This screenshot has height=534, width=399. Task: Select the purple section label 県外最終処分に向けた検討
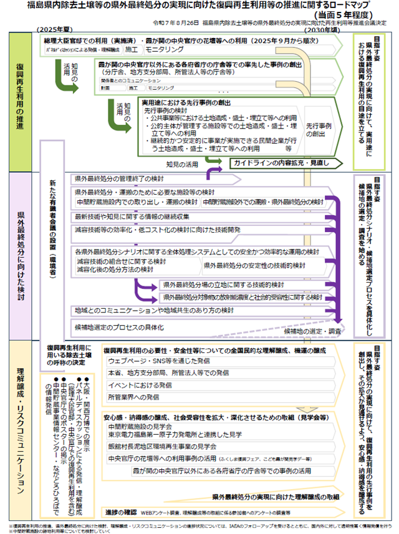pyautogui.click(x=20, y=256)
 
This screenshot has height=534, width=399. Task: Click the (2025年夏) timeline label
pyautogui.click(x=55, y=30)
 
